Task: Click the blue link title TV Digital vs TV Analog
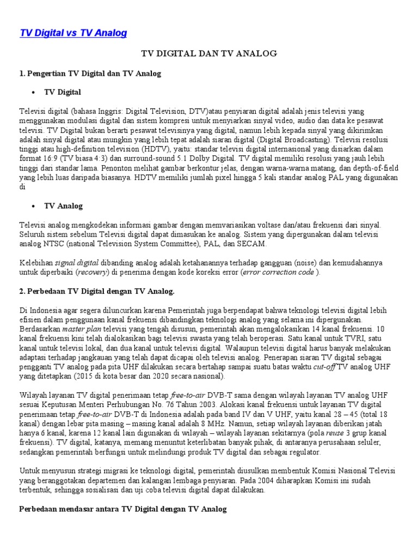coord(73,33)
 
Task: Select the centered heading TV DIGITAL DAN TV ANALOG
coord(210,53)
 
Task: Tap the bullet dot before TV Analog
coord(33,206)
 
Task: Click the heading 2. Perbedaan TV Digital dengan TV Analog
coord(96,292)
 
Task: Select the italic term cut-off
coord(324,367)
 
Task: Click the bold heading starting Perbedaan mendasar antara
coord(122,509)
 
